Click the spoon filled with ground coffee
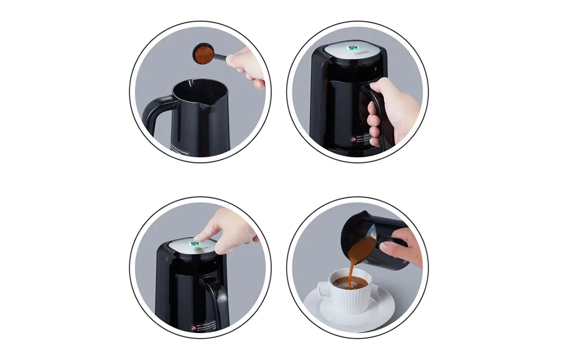[208, 54]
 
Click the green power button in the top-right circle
[354, 49]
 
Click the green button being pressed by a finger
[196, 245]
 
